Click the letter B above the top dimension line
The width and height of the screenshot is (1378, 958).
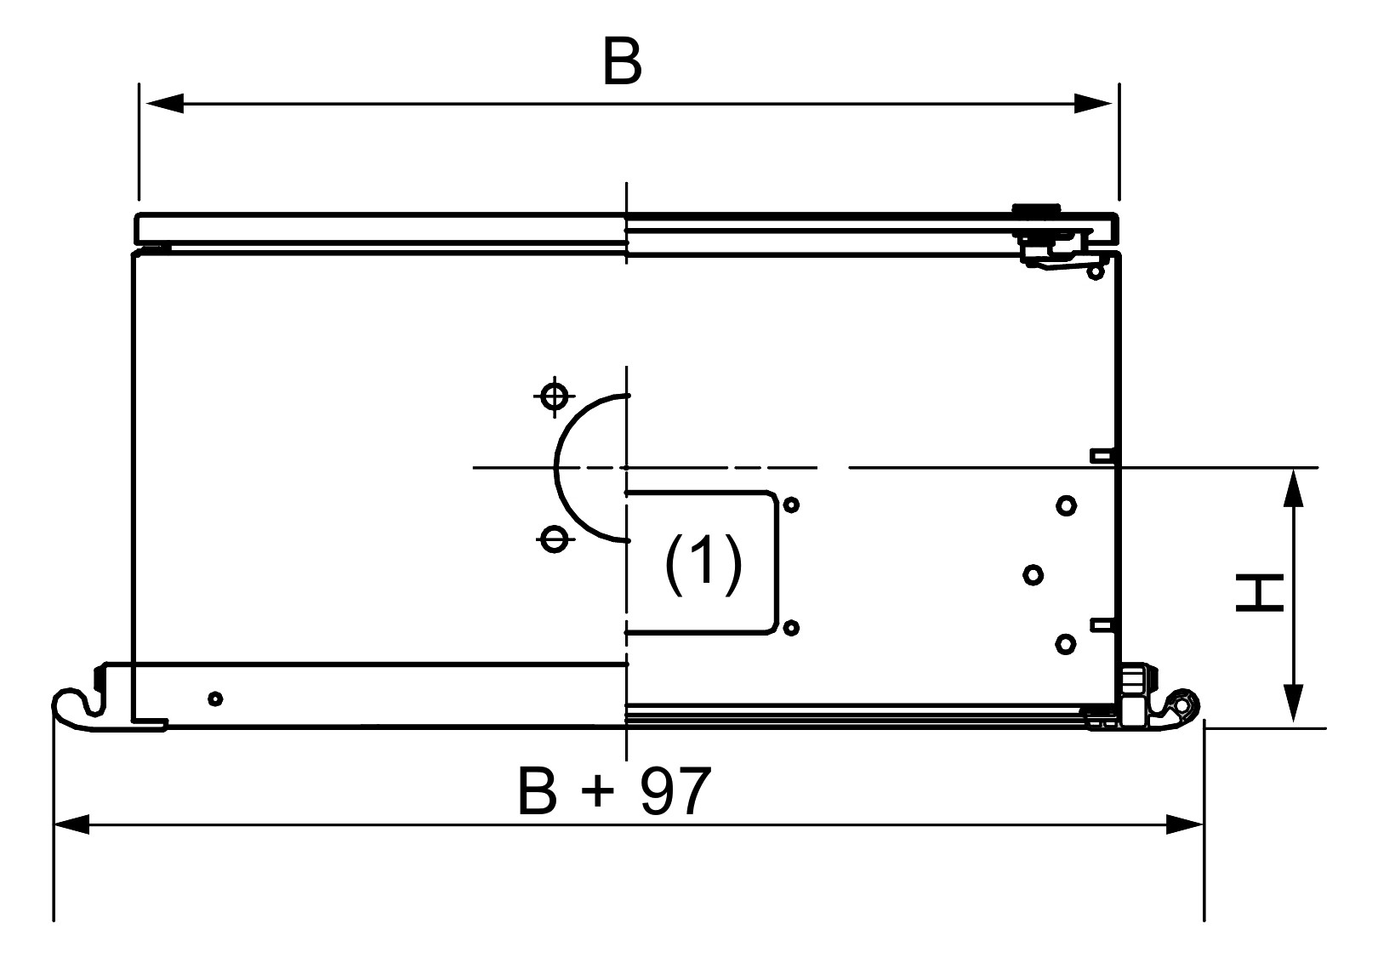click(x=622, y=62)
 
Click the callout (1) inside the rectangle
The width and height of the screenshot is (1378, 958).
click(x=703, y=563)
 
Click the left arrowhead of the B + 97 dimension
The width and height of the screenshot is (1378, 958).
click(x=71, y=824)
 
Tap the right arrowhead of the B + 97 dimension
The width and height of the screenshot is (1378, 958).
click(x=1186, y=824)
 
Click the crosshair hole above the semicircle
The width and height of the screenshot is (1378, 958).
click(x=555, y=396)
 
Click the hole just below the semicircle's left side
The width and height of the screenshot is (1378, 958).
click(x=555, y=538)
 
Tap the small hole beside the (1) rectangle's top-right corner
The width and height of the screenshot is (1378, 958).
click(x=791, y=505)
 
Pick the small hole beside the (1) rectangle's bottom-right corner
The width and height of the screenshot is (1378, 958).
click(x=791, y=628)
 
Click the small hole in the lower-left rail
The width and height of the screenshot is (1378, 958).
click(x=215, y=699)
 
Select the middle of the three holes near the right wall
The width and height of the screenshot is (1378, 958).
click(x=1033, y=575)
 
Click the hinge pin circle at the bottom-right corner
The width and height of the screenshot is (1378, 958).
click(x=1182, y=705)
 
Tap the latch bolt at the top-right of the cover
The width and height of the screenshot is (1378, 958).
click(x=1035, y=211)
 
